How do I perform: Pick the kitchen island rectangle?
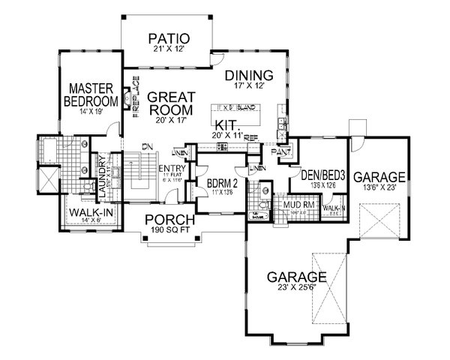tap(238, 108)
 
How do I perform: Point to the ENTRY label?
tap(167, 168)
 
